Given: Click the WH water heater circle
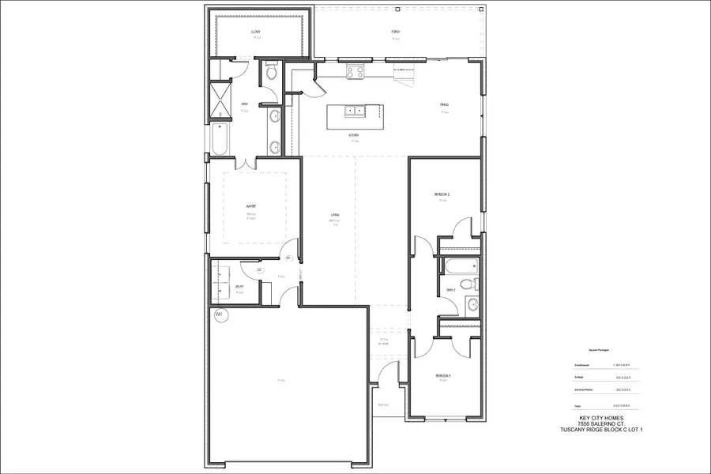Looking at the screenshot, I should (219, 314).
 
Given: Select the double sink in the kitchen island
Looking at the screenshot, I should (353, 111).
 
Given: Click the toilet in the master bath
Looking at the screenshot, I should (271, 74).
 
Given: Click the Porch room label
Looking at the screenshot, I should (396, 32).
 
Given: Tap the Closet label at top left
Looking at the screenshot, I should (255, 32).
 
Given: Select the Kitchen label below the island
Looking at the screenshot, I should (354, 136).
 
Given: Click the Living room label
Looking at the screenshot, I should (335, 215).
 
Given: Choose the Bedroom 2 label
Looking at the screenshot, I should (441, 194).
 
